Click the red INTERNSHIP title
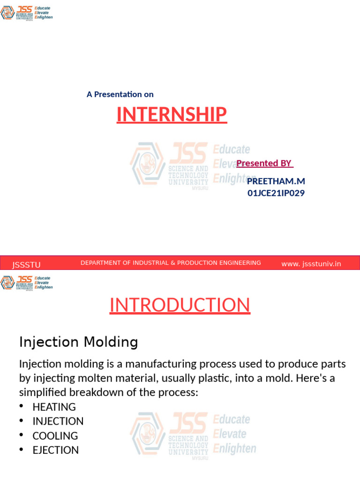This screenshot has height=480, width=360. [172, 114]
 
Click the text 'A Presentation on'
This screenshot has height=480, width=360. [120, 94]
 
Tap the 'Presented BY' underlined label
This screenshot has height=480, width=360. [264, 163]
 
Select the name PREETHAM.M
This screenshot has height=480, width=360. [276, 181]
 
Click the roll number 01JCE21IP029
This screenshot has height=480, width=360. [276, 193]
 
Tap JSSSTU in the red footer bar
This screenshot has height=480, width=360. [26, 265]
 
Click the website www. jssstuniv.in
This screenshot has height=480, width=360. [311, 264]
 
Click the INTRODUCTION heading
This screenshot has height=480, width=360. [180, 305]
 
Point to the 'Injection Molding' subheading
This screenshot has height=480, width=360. [78, 342]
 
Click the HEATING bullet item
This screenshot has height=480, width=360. [54, 407]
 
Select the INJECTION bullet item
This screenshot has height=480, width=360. [58, 421]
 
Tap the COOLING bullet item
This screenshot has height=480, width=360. [55, 436]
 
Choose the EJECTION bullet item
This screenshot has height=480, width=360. [55, 450]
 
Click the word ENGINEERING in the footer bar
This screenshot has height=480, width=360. [240, 263]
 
